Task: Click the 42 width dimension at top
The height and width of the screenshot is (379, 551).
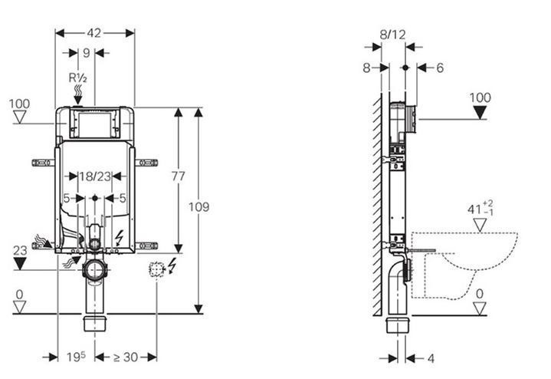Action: (x=94, y=33)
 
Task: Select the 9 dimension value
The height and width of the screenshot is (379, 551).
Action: (x=87, y=53)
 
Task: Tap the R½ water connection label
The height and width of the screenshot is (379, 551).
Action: (x=77, y=77)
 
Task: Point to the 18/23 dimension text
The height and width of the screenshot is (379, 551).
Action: (x=95, y=176)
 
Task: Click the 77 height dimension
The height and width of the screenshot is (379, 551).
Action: (x=178, y=176)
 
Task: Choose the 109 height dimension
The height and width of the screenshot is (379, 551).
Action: (x=199, y=207)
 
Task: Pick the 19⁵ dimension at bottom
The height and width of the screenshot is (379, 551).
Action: (x=76, y=357)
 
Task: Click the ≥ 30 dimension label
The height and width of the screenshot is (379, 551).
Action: (x=126, y=358)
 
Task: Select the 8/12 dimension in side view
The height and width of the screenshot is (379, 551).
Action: (x=393, y=35)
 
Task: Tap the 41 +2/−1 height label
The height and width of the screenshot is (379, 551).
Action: (x=480, y=209)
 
